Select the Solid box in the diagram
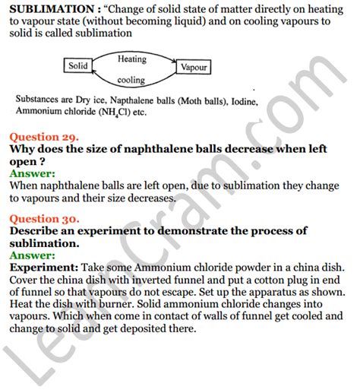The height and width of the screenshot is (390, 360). coord(77,66)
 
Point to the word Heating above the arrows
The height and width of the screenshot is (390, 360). coord(134,58)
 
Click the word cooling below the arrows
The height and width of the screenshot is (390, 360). coord(131,79)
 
